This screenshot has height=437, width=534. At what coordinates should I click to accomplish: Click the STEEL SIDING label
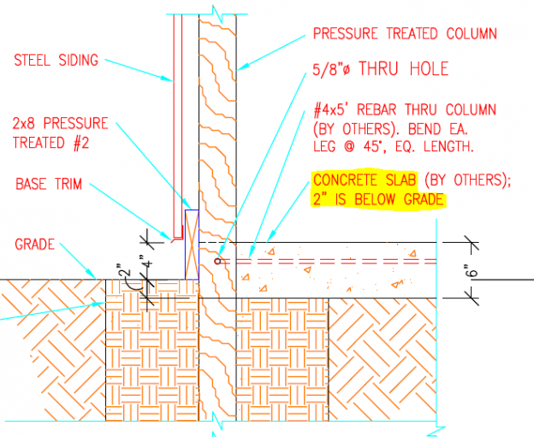56,61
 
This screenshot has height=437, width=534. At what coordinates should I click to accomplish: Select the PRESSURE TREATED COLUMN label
405,34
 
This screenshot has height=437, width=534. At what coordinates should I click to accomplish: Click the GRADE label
35,245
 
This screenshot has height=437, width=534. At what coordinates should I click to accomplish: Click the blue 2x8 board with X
191,244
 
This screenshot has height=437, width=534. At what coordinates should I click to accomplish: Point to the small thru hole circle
219,259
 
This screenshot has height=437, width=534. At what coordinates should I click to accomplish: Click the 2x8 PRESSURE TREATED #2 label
60,133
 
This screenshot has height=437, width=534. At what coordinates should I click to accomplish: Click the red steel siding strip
177,128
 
